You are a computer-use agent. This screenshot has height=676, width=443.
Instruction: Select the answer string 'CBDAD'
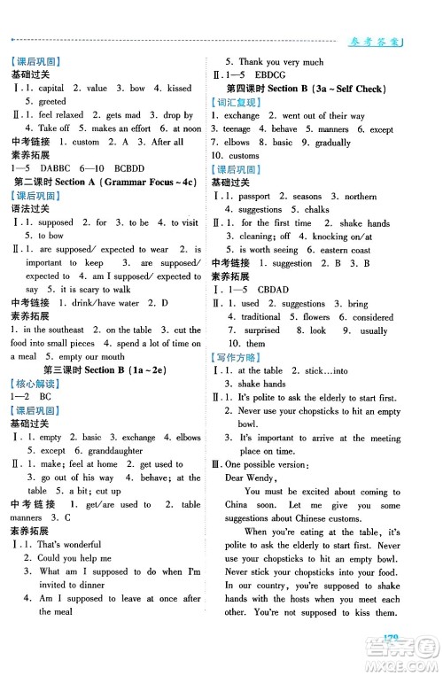click(x=287, y=289)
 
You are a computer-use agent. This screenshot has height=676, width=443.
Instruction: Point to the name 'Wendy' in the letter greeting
click(x=272, y=477)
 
